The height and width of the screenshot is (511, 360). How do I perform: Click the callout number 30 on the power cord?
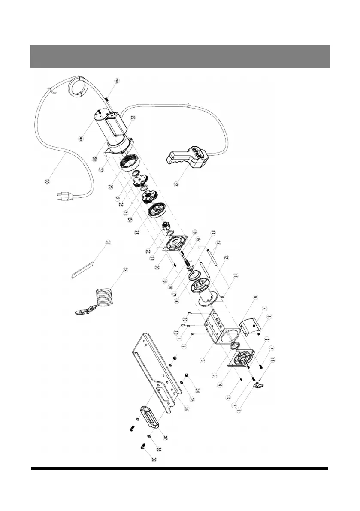(47, 181)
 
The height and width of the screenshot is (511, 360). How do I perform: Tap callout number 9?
(254, 297)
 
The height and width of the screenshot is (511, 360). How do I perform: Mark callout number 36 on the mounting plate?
(175, 408)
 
